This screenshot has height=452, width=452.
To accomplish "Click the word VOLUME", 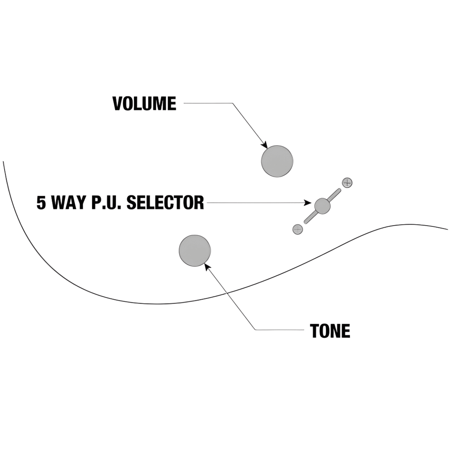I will tap(144, 104).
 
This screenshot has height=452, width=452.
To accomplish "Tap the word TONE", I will tap(330, 331).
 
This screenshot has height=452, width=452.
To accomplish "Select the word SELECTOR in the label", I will tap(165, 203).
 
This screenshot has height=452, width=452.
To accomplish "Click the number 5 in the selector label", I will tap(41, 203).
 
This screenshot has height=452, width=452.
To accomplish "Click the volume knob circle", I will tap(277, 161).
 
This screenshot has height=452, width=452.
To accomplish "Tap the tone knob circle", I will tap(195, 250).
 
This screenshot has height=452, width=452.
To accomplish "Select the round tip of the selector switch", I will tap(322, 206).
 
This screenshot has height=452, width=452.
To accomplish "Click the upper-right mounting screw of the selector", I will tap(347, 182).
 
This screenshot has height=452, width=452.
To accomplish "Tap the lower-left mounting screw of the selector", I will tap(298, 229).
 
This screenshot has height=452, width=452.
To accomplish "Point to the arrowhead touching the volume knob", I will tap(265, 145).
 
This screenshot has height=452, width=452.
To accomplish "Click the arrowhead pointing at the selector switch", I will tap(308, 203).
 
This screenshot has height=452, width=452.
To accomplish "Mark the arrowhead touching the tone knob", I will tap(207, 266).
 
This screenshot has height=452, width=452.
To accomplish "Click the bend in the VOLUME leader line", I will tap(232, 103).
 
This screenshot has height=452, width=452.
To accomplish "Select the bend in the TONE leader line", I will tap(255, 330).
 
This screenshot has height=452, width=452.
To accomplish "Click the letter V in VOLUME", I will tap(117, 104).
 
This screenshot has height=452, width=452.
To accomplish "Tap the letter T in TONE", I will tap(315, 331).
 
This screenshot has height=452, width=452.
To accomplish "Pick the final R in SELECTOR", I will tap(200, 203).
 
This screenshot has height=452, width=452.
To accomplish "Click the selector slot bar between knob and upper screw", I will tap(334, 195).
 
